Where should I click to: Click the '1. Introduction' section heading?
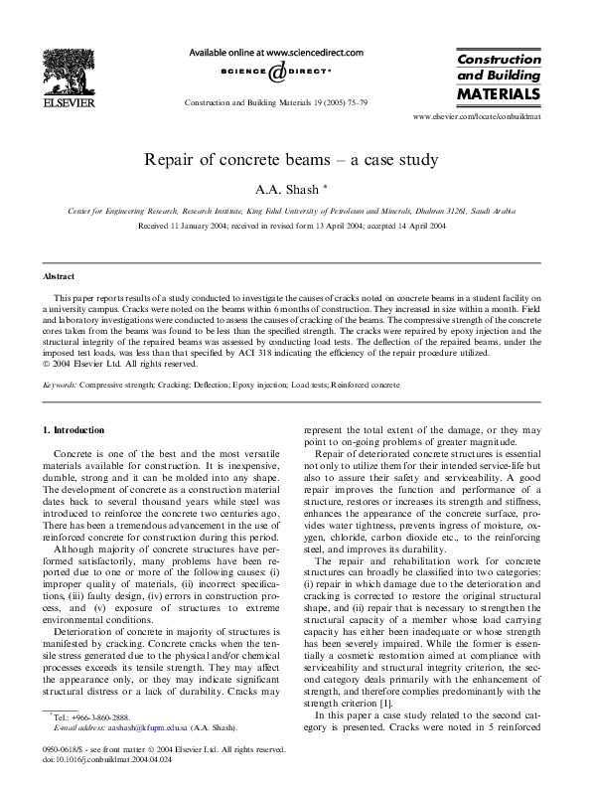[74, 429]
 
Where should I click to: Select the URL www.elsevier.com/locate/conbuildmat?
[476, 117]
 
